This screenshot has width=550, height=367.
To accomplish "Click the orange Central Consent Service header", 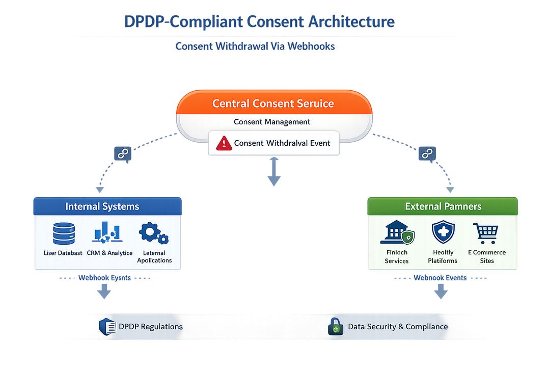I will [x=273, y=103].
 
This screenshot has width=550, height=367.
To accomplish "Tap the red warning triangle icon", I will [x=224, y=143].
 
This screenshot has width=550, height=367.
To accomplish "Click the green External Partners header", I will [x=443, y=206].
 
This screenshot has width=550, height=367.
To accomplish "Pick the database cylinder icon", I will [x=64, y=234].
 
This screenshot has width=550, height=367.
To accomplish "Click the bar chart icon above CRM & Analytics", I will [x=106, y=232].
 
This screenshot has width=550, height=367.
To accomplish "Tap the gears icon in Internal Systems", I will [x=153, y=233].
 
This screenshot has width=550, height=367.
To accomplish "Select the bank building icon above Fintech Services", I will [x=397, y=233].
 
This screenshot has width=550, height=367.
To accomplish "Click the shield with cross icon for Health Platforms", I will [x=443, y=233].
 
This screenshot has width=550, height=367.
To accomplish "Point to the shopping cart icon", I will [x=485, y=233].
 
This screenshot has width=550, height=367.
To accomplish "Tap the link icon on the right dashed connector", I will [x=427, y=153].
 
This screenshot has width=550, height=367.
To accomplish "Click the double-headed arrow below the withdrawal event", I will [x=274, y=171].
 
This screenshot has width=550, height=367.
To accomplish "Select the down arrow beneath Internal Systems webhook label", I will [x=104, y=291].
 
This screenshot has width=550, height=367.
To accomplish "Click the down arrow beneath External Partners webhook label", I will [x=441, y=291].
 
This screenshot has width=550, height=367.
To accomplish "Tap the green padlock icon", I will [x=335, y=327].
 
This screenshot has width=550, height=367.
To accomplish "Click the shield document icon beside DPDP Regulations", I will [x=107, y=327].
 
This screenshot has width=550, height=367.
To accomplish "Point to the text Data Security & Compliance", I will [x=398, y=327].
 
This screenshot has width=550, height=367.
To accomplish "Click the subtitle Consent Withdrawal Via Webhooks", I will [x=255, y=46].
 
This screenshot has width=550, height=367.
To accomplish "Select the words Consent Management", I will [x=272, y=122].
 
